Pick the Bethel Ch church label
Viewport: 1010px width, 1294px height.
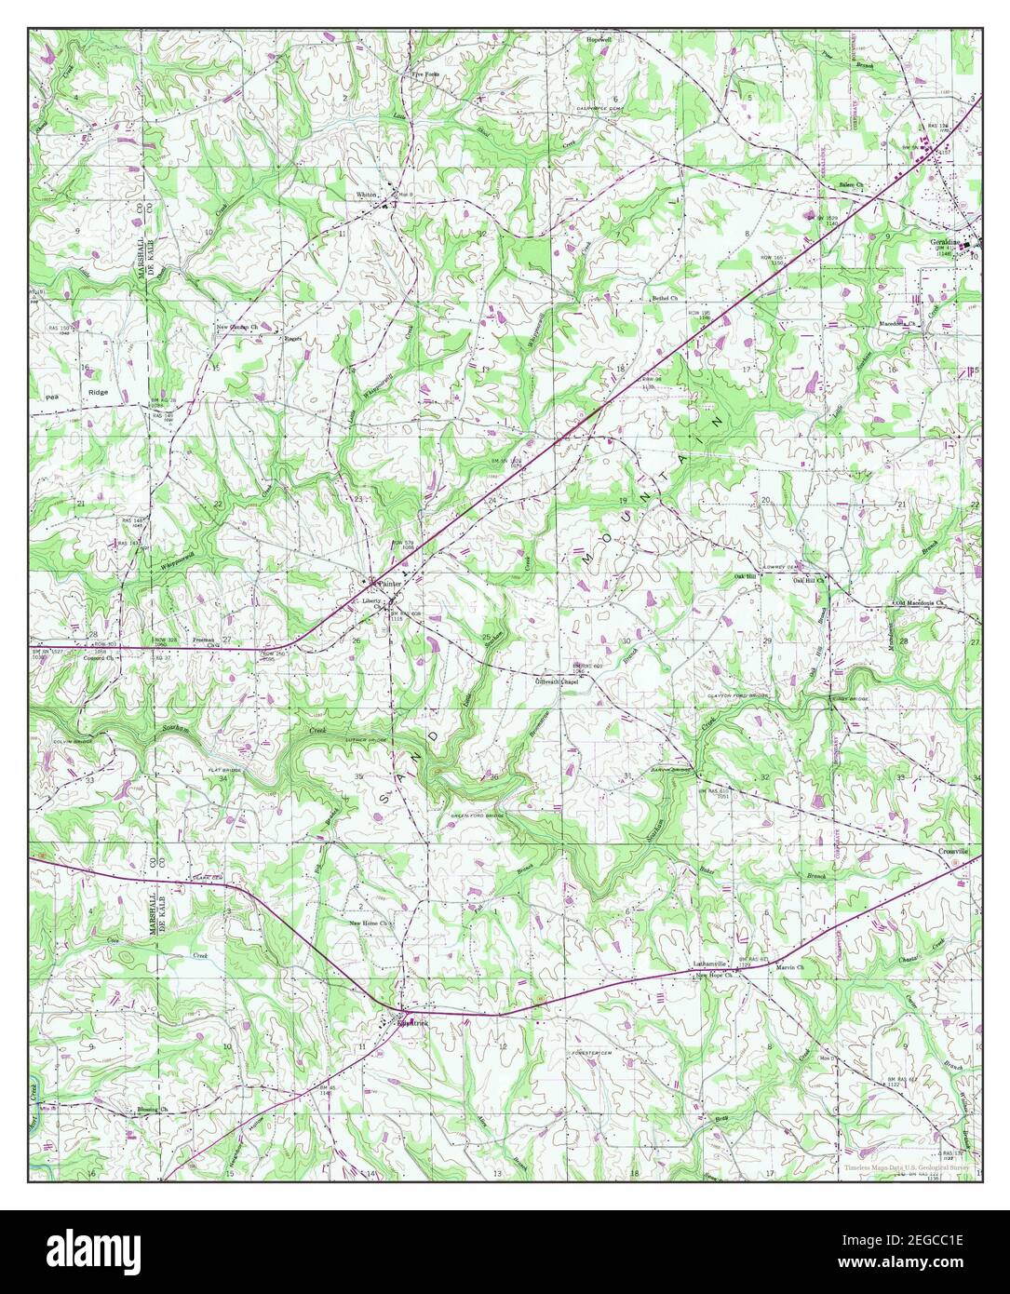[x=667, y=299]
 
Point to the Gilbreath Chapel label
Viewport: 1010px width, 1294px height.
[x=557, y=681]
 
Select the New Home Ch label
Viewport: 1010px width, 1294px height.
[x=372, y=923]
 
